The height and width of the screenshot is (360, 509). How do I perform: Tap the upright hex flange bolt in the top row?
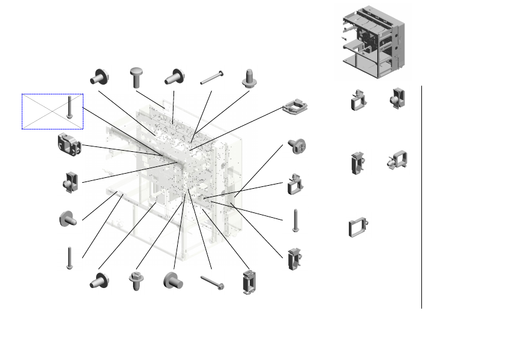coord(248,77)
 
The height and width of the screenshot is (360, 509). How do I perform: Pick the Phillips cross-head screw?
coord(297,146)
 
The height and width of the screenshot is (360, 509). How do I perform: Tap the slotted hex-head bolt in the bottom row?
coord(135,281)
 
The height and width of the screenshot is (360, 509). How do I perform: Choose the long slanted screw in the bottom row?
coord(212,282)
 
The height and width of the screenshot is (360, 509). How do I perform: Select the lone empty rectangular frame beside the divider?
coord(357,227)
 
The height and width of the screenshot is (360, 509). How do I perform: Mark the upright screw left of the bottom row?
coord(69,258)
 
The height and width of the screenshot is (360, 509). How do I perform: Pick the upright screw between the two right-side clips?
coord(295,220)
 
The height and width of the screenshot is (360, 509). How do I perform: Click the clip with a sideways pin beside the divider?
coord(397,161)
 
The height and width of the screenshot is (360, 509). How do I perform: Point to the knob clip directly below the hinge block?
coord(68,182)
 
